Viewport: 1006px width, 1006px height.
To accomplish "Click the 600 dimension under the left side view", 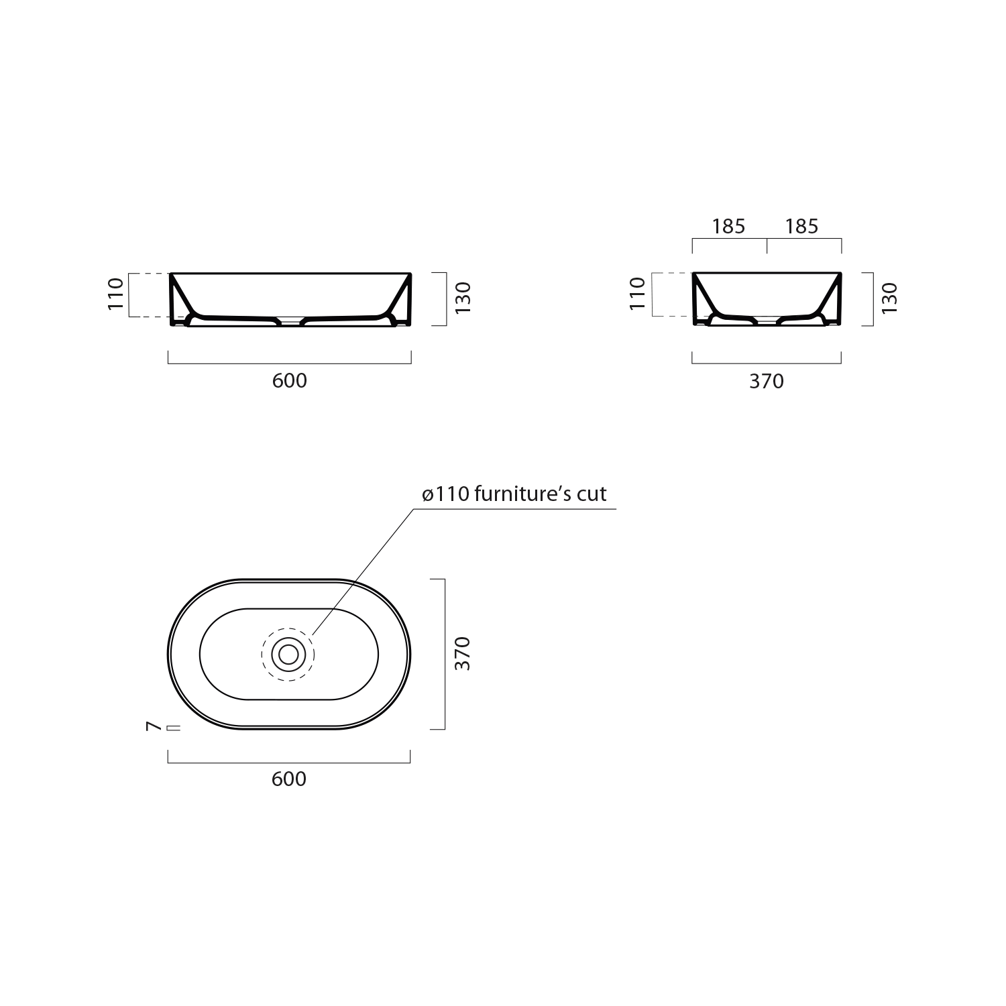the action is tap(290, 380).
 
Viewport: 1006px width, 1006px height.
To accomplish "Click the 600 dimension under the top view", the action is tap(290, 779).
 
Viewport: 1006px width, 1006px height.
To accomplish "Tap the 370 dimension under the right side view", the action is tap(767, 381).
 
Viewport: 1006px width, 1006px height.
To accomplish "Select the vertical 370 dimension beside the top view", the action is tap(463, 653).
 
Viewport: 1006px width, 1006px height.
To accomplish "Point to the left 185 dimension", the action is tap(729, 227).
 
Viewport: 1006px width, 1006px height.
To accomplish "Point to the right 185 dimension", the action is tap(803, 227).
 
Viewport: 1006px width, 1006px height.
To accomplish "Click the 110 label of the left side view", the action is tap(116, 293).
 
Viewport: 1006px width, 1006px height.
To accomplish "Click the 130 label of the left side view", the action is tap(463, 298).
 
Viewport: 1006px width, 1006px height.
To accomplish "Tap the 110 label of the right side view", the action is tap(638, 293).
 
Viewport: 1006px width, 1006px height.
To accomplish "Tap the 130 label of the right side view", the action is tap(889, 298).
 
